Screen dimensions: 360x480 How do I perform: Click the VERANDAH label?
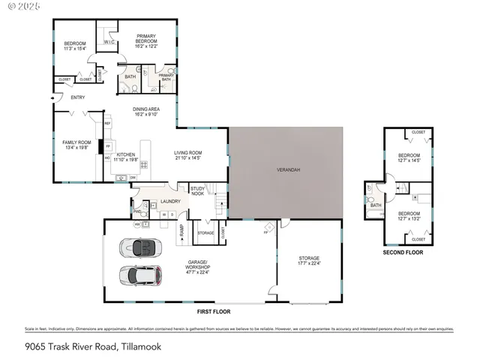(288, 170)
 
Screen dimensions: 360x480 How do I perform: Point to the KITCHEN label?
(125, 154)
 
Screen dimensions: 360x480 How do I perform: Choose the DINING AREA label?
(146, 109)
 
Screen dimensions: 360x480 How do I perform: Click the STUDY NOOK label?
(198, 190)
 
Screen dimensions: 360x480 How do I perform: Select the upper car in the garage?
(140, 246)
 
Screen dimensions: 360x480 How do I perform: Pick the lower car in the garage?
(140, 275)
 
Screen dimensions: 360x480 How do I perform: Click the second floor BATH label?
(376, 205)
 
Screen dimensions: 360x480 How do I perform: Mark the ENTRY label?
(77, 97)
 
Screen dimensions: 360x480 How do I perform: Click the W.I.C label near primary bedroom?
(108, 42)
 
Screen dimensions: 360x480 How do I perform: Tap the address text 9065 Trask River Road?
(72, 346)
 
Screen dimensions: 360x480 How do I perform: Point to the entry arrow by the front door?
(52, 97)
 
